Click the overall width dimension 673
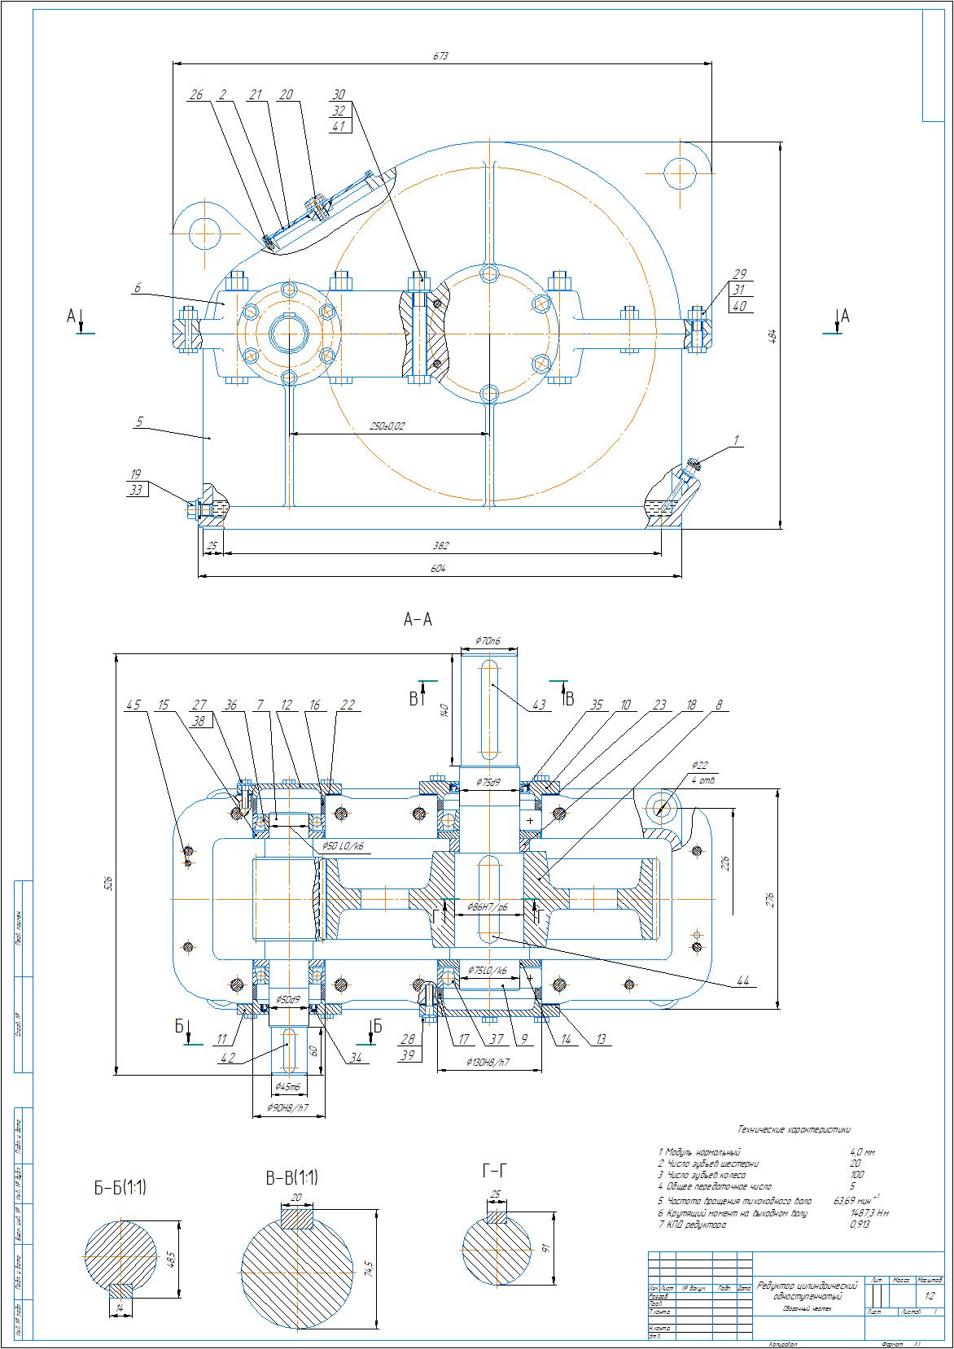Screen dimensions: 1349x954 (440, 56)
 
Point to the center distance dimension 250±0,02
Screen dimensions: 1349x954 (388, 426)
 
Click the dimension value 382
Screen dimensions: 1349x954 (440, 545)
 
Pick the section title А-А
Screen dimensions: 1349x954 (418, 620)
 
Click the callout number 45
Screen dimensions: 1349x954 (133, 705)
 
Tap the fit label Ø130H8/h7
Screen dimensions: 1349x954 (488, 1062)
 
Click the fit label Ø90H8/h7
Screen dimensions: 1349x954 (289, 1107)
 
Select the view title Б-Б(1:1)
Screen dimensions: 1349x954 (119, 1189)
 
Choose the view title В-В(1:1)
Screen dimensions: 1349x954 (291, 1177)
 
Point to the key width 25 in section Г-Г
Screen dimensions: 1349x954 (495, 1194)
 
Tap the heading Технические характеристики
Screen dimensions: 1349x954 (793, 1129)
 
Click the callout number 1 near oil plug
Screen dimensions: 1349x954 (736, 440)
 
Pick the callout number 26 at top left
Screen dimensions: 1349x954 (195, 95)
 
